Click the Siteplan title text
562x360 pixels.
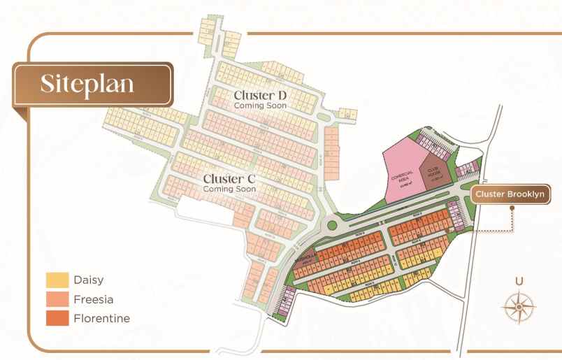pyautogui.click(x=87, y=83)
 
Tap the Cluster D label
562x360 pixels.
pyautogui.click(x=261, y=95)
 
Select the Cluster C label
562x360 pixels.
pyautogui.click(x=229, y=178)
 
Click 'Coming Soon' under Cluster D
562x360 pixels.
pyautogui.click(x=261, y=106)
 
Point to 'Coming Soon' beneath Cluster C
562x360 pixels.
pyautogui.click(x=229, y=189)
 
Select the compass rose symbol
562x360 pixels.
pyautogui.click(x=519, y=306)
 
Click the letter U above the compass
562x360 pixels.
pyautogui.click(x=519, y=282)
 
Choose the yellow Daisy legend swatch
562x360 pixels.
pyautogui.click(x=57, y=280)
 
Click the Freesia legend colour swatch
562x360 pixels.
pyautogui.click(x=57, y=300)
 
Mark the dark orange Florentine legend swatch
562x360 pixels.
pyautogui.click(x=57, y=319)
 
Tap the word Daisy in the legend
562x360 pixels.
pyautogui.click(x=88, y=280)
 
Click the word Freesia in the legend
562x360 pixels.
pyautogui.click(x=93, y=300)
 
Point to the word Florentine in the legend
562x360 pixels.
pyautogui.click(x=101, y=319)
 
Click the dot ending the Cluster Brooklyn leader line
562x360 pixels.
pyautogui.click(x=475, y=230)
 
